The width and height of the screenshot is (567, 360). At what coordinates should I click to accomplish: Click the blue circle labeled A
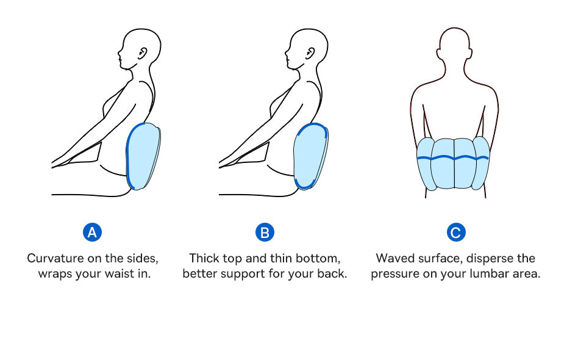tap(92, 232)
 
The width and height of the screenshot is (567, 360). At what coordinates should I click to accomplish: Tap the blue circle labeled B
tap(265, 232)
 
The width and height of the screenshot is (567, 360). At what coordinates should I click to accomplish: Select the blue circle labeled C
tap(455, 232)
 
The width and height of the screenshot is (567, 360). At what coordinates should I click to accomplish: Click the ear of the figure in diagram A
tap(143, 54)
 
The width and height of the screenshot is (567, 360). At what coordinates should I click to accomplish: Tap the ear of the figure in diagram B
tap(310, 54)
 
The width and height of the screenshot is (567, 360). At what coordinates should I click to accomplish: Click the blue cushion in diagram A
tap(143, 156)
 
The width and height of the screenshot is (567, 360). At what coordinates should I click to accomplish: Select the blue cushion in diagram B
tap(310, 156)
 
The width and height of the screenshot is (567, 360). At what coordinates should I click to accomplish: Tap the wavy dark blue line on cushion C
tap(453, 158)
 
